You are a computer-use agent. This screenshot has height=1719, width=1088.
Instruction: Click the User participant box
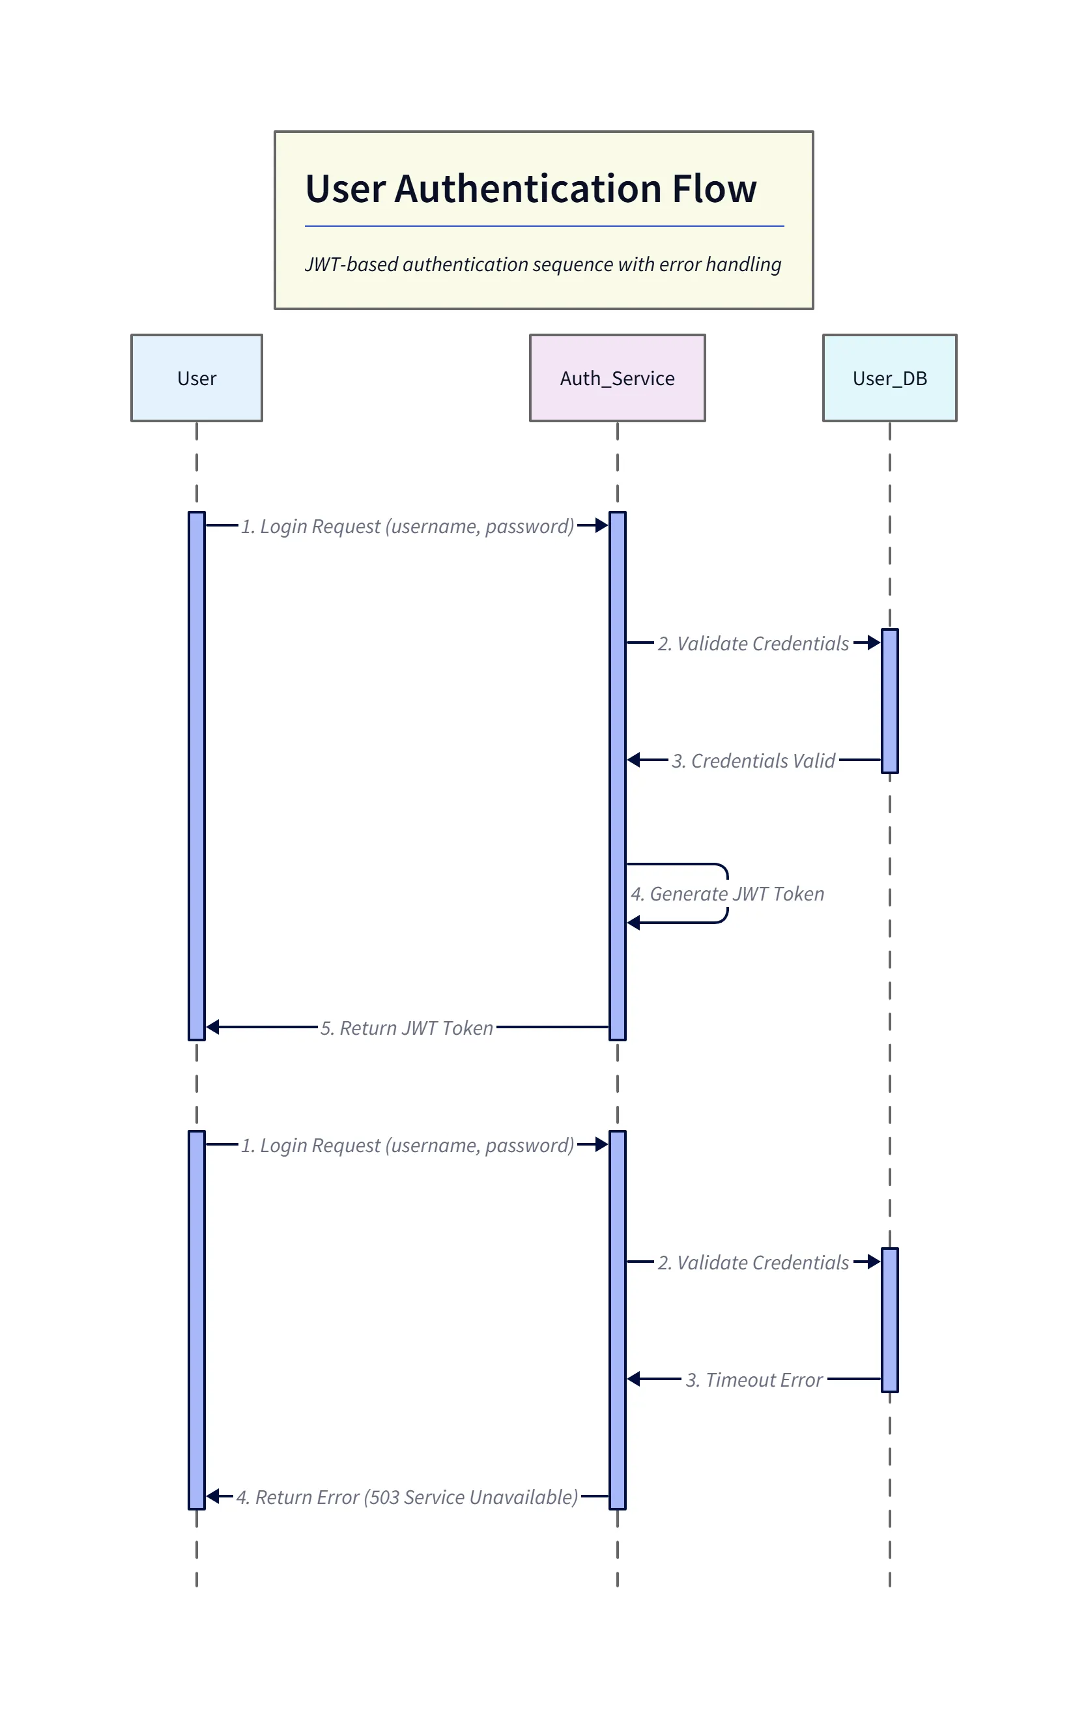coord(196,378)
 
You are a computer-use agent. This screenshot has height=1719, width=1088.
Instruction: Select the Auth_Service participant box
coord(617,378)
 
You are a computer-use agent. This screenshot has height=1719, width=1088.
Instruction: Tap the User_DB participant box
coord(889,378)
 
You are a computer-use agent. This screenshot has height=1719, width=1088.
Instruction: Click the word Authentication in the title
coord(528,189)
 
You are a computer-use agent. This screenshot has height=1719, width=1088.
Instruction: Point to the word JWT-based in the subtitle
coord(351,264)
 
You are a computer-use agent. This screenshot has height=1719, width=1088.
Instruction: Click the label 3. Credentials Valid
coord(753,760)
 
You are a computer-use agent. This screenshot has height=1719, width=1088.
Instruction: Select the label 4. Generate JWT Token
coord(727,894)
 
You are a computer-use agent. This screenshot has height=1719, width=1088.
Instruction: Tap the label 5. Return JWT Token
coord(407,1027)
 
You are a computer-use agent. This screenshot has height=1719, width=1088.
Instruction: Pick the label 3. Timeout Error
coord(754,1380)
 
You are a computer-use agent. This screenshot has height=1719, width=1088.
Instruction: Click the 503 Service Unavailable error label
coord(407,1496)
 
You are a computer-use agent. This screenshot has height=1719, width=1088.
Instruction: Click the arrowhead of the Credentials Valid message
coord(633,760)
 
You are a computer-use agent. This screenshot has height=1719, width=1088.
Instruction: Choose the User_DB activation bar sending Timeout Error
coord(889,1320)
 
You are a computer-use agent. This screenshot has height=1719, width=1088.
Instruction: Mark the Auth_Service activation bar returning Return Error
coord(617,1321)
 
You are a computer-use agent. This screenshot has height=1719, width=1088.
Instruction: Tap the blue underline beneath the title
coord(544,226)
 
